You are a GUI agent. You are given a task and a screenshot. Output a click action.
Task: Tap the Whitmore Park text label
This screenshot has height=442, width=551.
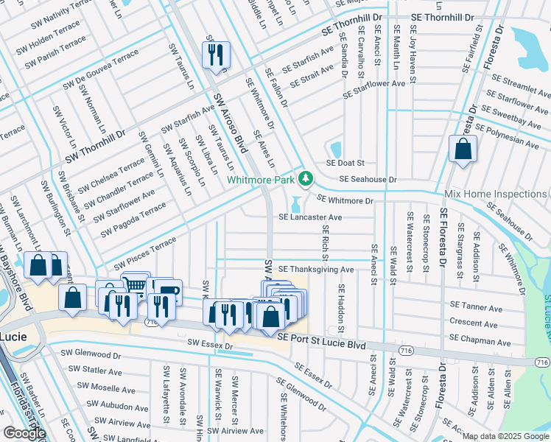point(261,179)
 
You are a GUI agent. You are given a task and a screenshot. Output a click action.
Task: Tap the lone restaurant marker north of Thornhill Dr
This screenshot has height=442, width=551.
point(216,53)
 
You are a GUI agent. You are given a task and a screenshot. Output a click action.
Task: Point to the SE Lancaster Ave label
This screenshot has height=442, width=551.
point(310,217)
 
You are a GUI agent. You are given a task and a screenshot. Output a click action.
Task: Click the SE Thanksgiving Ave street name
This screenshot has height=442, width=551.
point(316,270)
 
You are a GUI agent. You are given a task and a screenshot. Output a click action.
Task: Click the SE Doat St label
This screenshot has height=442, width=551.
point(346,163)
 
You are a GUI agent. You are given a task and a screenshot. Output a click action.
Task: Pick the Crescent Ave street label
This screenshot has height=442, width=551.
point(474,322)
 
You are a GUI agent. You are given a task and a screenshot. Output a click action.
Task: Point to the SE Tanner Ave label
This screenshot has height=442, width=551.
point(475,305)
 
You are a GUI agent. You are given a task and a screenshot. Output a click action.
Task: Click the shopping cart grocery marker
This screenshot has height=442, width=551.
point(135,284)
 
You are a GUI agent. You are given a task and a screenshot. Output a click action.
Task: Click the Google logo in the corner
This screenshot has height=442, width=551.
point(24,433)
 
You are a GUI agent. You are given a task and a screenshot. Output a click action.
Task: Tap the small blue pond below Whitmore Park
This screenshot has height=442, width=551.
point(295,204)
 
